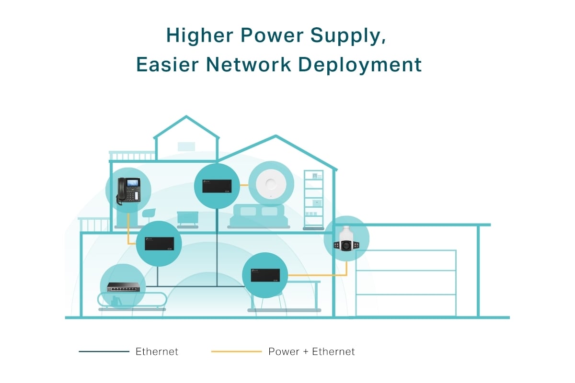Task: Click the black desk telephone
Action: (x=128, y=191)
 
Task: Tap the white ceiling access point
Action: (x=271, y=184)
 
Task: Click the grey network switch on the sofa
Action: (x=124, y=287)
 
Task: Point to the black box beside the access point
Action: (x=217, y=186)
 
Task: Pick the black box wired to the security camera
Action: (x=265, y=275)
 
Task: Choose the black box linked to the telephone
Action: (x=159, y=244)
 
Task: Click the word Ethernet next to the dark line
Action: (x=157, y=351)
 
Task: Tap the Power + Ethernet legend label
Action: (x=311, y=351)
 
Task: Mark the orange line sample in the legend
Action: (x=236, y=351)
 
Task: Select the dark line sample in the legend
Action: (x=104, y=351)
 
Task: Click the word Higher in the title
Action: (x=200, y=35)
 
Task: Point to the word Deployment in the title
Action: (x=360, y=65)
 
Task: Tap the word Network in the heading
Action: (x=249, y=64)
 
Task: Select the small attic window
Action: (x=186, y=146)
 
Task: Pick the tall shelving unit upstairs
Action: (x=313, y=199)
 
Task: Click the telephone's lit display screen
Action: (x=133, y=183)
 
